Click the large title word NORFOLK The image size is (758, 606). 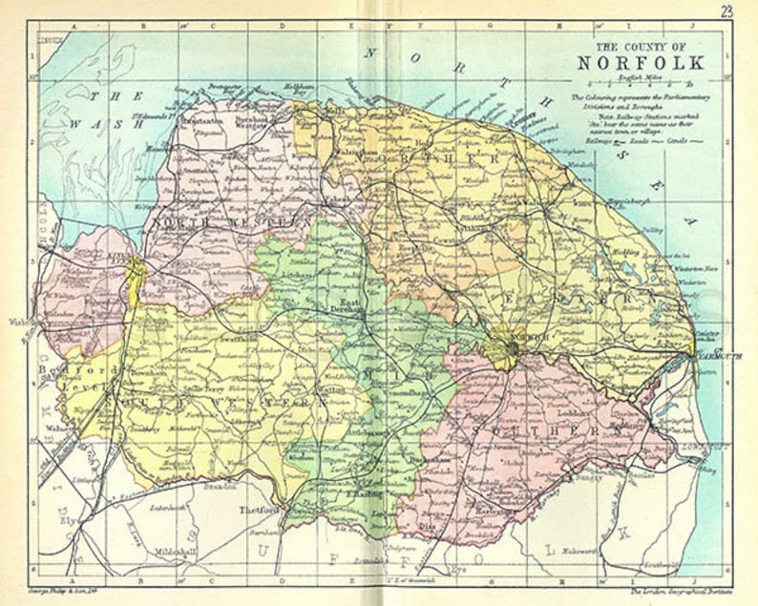(641, 64)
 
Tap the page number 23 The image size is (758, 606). (726, 11)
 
